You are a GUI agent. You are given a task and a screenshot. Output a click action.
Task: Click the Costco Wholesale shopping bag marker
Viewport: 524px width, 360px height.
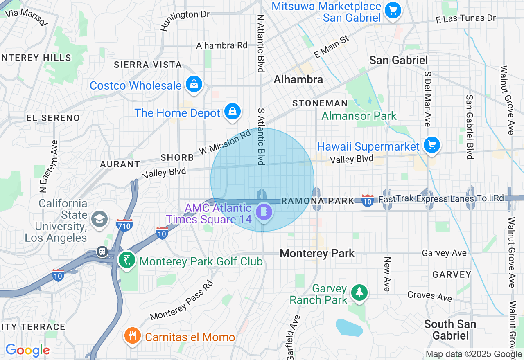pyautogui.click(x=194, y=84)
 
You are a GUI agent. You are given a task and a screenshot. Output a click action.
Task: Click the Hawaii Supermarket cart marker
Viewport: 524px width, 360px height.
pyautogui.click(x=431, y=145)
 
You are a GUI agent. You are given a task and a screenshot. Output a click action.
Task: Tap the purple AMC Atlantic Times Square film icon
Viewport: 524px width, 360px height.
pyautogui.click(x=264, y=212)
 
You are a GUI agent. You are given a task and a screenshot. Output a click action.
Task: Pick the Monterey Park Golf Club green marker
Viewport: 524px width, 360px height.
pyautogui.click(x=127, y=260)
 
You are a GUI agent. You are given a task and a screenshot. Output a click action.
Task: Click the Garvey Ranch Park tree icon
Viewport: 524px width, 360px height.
pyautogui.click(x=359, y=292)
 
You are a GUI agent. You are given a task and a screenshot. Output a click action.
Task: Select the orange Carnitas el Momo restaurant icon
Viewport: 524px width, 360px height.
pyautogui.click(x=132, y=336)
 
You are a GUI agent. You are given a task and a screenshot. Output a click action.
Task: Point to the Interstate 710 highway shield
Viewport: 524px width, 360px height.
pyautogui.click(x=124, y=225)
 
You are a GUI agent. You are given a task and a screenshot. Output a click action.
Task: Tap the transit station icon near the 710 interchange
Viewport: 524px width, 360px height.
pyautogui.click(x=102, y=252)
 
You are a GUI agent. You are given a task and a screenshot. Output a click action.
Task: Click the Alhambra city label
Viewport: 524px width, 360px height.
pyautogui.click(x=298, y=79)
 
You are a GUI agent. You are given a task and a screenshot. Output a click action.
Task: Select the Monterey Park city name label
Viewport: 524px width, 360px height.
pyautogui.click(x=317, y=254)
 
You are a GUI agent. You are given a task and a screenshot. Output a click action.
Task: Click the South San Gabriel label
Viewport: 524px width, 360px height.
pyautogui.click(x=450, y=330)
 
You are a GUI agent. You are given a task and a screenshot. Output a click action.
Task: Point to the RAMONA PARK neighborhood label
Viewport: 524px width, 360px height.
pyautogui.click(x=318, y=201)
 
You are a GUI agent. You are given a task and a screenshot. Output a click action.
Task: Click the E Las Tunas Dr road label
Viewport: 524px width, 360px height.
pyautogui.click(x=465, y=18)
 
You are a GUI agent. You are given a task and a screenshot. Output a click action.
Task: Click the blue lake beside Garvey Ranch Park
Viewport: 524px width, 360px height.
pyautogui.click(x=349, y=328)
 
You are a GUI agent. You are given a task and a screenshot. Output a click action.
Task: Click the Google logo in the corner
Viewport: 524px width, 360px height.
pyautogui.click(x=27, y=350)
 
